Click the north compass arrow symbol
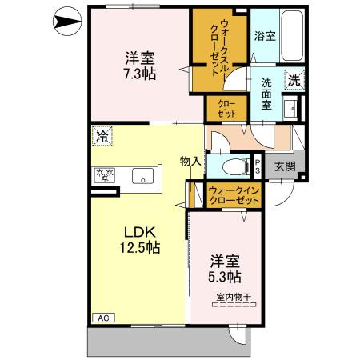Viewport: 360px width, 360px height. coord(67,22)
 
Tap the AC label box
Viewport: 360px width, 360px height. coord(103,318)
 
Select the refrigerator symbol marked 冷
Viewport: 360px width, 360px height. coord(102,136)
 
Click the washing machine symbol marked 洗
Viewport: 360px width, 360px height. coord(294,79)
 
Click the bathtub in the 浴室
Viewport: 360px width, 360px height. coord(292,35)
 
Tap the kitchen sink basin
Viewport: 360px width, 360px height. coord(142,176)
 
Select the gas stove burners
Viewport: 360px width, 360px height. coord(104,175)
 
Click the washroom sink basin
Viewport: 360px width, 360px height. coord(290,109)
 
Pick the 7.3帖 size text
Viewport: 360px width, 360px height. coord(140,74)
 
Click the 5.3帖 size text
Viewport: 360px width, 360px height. coord(225,277)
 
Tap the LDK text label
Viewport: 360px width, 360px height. coord(140,232)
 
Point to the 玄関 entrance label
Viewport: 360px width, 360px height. coord(285,166)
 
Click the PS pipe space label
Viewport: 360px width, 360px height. coord(258,166)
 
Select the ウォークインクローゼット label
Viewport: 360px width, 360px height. coord(234,195)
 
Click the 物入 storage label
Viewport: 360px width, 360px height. coord(190,161)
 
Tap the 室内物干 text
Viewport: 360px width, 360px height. coord(234,297)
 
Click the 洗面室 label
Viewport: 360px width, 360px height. coord(266,94)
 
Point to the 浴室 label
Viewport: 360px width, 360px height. coord(265,36)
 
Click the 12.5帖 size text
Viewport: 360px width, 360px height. coord(140,247)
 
